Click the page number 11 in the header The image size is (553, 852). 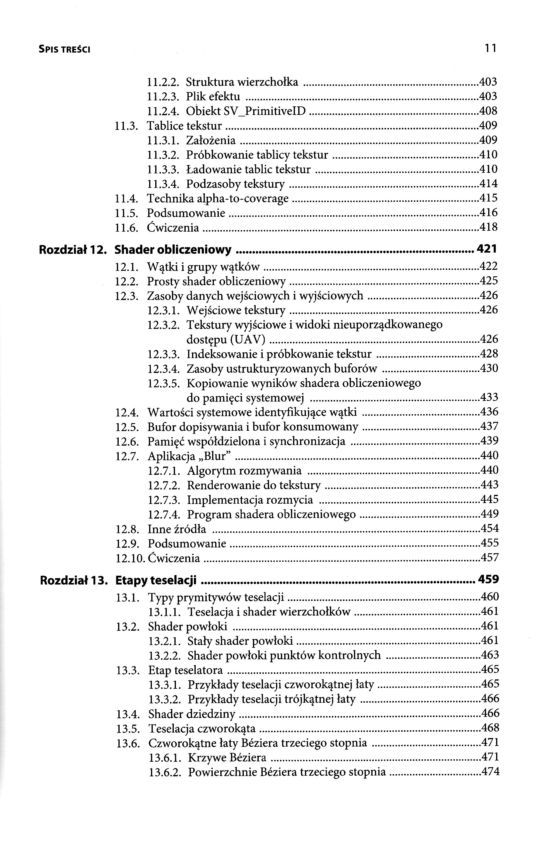click(x=490, y=48)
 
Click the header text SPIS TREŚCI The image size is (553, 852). click(x=64, y=50)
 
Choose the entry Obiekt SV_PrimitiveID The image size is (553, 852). click(x=246, y=111)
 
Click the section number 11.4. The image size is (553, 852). click(x=127, y=198)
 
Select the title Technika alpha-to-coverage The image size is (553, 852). click(x=218, y=198)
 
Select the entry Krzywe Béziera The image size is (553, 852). click(x=227, y=757)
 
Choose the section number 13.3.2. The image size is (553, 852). click(x=165, y=699)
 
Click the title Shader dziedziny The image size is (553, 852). click(x=192, y=713)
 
